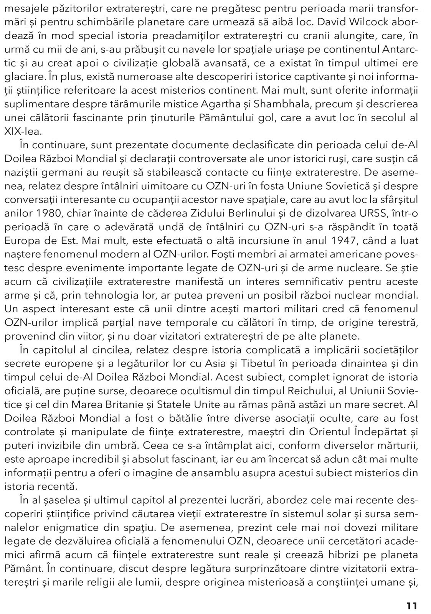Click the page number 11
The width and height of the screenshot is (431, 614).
coord(411,595)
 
